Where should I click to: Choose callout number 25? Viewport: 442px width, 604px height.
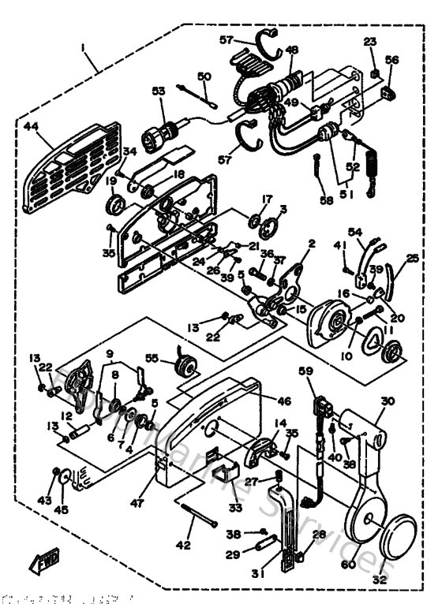[x=413, y=259]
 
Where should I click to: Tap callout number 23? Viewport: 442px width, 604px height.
[x=370, y=42]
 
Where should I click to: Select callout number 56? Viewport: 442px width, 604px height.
[x=392, y=59]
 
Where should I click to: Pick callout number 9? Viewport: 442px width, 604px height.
[x=109, y=354]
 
